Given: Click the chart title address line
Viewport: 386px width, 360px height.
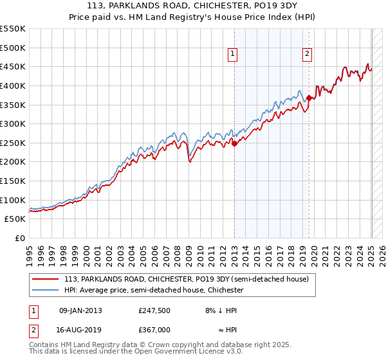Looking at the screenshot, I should [193, 6].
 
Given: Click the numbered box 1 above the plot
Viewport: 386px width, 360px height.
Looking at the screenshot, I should [232, 54].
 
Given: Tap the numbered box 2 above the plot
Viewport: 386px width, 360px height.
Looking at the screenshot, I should [308, 54].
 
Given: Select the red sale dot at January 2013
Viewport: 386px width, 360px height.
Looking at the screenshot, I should [234, 144].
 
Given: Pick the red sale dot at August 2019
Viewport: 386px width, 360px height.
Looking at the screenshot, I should [309, 98].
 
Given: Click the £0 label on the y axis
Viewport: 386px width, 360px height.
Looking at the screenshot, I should [21, 238].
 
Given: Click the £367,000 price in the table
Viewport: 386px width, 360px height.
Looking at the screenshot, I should [154, 329].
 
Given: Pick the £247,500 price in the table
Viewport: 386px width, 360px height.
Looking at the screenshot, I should [154, 310].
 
